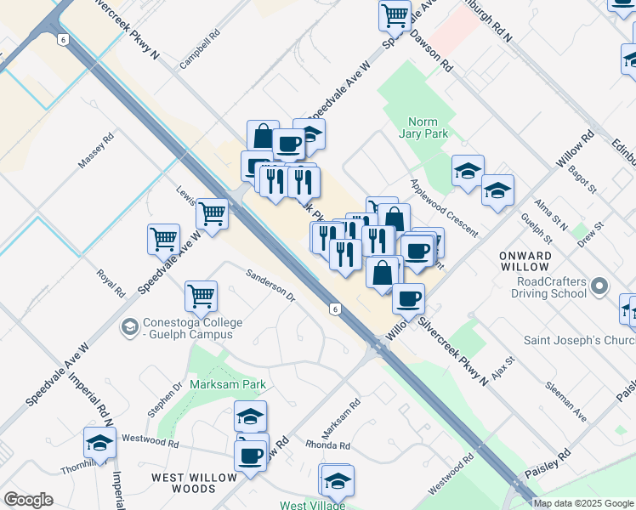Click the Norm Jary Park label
[423, 127]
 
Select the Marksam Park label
[229, 384]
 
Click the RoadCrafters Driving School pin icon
[600, 286]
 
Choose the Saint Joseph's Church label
[578, 341]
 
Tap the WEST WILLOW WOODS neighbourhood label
[194, 483]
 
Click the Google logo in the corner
[28, 500]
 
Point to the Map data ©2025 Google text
[583, 503]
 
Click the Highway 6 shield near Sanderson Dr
[336, 309]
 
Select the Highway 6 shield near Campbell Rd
[63, 39]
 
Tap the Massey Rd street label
[96, 150]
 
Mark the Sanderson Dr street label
[270, 286]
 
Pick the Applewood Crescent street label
[443, 208]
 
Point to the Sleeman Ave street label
[569, 405]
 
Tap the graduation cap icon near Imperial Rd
[99, 443]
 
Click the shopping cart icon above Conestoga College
[201, 297]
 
